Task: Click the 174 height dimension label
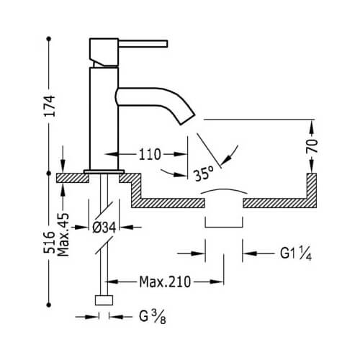tap(50, 106)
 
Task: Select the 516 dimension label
tap(49, 242)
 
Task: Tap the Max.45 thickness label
tap(63, 235)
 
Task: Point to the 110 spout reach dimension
tap(150, 155)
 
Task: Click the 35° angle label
tap(204, 174)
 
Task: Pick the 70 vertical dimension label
tap(312, 145)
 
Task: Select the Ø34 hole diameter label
tap(104, 228)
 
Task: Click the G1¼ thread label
tap(296, 253)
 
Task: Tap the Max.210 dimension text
tap(165, 282)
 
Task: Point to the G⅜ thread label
tap(153, 317)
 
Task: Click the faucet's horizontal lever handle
tap(143, 44)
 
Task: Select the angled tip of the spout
tap(188, 118)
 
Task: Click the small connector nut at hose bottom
tap(104, 300)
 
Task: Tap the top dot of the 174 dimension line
tap(49, 38)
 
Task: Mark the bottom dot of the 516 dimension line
tap(49, 305)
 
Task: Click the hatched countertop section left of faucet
tap(73, 178)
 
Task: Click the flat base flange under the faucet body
tap(104, 171)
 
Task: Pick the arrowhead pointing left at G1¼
tap(250, 253)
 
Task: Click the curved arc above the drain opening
tap(224, 189)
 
